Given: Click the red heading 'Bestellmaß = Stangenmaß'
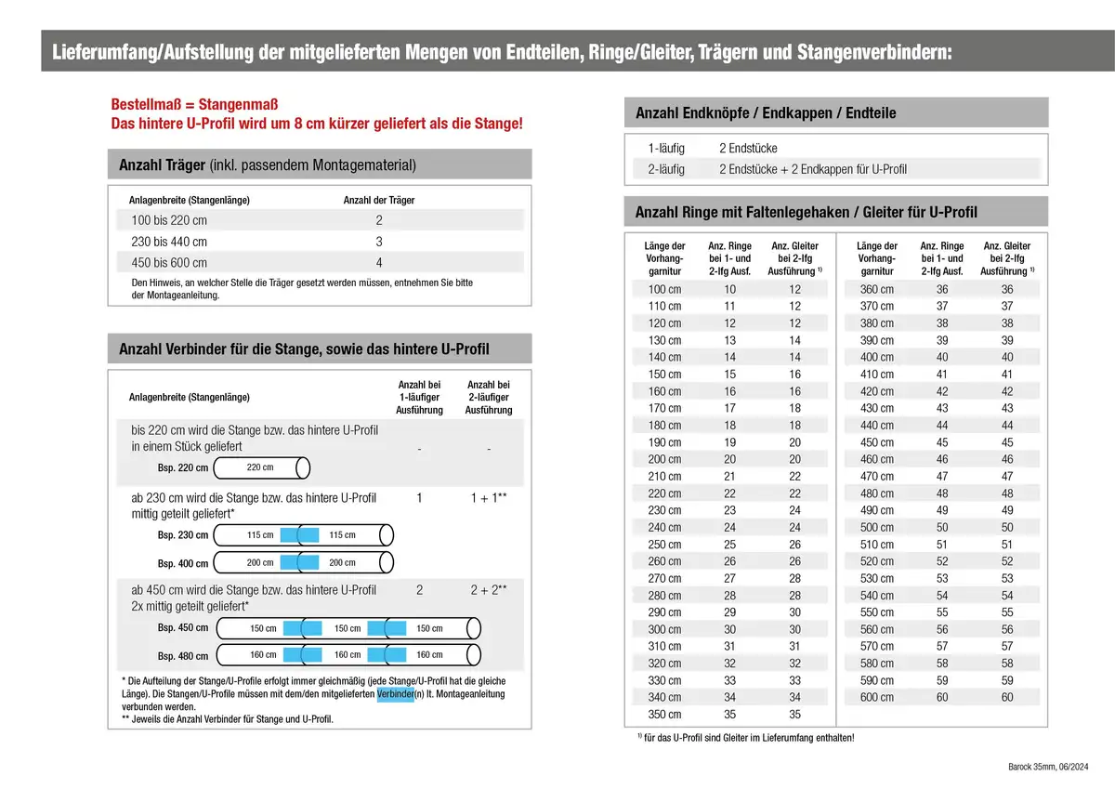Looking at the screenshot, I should (194, 104).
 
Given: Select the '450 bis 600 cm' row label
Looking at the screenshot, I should (169, 263).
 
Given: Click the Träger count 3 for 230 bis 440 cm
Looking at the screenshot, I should (379, 242).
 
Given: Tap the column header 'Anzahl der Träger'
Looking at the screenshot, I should (379, 200).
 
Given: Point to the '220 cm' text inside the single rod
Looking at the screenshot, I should (260, 467).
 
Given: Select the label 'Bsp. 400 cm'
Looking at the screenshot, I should (182, 564).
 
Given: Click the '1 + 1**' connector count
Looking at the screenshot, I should (488, 499).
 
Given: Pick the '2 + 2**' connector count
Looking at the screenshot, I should (488, 590).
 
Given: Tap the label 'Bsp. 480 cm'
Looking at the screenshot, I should (182, 656).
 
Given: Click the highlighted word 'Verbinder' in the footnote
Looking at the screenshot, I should (395, 695).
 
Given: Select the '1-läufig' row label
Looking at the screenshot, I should (666, 149).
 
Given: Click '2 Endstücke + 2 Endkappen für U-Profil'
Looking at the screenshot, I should (813, 169).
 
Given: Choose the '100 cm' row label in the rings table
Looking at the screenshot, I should (664, 290).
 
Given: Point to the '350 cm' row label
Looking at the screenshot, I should (664, 715).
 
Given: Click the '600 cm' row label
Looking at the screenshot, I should (877, 697).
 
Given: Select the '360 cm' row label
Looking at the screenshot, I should (877, 290).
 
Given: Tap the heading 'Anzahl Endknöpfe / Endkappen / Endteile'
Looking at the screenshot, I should (766, 113).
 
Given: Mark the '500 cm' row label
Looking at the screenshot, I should (877, 528).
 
